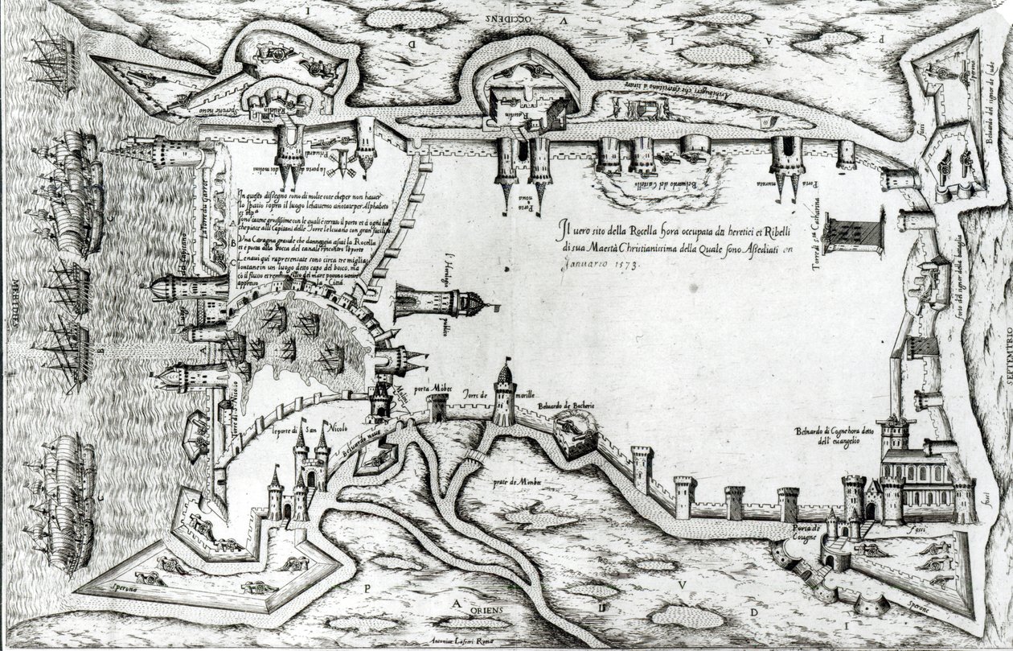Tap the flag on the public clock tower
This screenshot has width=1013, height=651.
coord(491,307)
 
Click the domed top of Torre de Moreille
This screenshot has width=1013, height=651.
coord(505,373)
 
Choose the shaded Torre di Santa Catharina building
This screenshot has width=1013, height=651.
coord(854,231)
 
